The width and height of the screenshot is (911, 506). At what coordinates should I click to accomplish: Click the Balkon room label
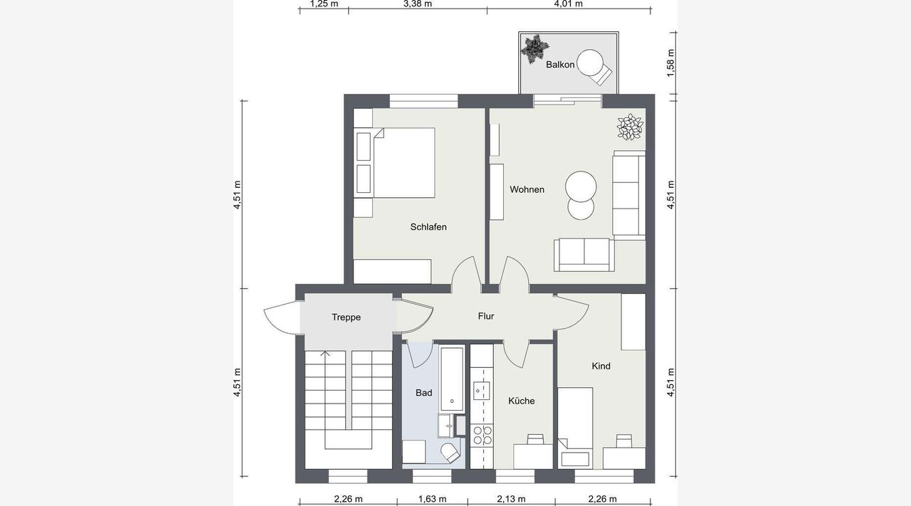click(x=560, y=65)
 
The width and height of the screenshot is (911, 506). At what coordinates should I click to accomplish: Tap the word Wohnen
click(x=527, y=189)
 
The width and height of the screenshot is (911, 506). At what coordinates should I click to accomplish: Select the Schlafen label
click(x=428, y=227)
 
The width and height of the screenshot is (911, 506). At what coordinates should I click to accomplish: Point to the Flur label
click(x=486, y=316)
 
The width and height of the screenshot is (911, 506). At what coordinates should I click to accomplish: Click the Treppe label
click(x=346, y=317)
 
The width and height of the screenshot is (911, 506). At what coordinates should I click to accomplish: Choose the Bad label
click(x=423, y=393)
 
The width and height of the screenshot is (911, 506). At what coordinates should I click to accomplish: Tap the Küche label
click(x=522, y=401)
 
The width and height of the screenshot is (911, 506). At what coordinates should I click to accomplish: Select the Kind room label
click(x=601, y=366)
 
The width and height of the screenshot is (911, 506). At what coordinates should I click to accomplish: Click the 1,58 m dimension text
click(x=671, y=64)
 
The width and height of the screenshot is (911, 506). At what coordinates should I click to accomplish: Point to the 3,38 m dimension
click(x=418, y=4)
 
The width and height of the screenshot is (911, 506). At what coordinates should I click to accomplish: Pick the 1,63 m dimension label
click(x=432, y=499)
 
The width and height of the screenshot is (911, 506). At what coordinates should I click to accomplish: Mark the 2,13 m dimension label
click(x=511, y=499)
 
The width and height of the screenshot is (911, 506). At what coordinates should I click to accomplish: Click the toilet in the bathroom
click(x=451, y=453)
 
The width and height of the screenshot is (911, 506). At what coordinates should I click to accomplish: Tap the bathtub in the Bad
click(x=452, y=379)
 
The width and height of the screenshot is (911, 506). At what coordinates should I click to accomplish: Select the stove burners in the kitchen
click(x=482, y=435)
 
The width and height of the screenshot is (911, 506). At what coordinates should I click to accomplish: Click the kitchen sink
click(x=482, y=391)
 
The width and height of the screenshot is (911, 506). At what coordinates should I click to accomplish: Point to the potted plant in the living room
click(x=630, y=127)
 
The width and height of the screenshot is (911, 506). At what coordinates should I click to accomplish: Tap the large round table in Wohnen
click(x=581, y=186)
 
